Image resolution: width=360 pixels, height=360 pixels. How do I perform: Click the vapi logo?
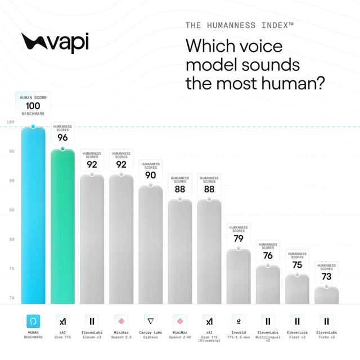point(55,43)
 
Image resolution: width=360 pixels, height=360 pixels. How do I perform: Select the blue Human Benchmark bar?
point(33,215)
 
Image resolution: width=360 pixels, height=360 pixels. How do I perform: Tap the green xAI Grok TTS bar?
point(62,227)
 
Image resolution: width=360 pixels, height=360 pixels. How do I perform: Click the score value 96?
point(62,137)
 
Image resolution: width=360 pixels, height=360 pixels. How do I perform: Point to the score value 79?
point(238,238)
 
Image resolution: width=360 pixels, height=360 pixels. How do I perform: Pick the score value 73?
point(326,276)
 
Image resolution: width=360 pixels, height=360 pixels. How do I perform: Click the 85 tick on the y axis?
point(12,210)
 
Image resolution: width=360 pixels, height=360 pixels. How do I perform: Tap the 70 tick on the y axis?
point(12,298)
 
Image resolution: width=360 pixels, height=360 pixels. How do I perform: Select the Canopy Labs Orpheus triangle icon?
point(151,321)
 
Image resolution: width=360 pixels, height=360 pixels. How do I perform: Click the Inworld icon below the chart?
point(238,321)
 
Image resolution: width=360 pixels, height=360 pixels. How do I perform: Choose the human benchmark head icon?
point(33,321)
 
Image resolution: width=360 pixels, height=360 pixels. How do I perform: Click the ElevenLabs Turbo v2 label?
point(326,335)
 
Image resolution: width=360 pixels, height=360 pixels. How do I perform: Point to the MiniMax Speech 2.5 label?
point(121,335)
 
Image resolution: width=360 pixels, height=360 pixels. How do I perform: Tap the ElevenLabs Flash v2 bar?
point(298,290)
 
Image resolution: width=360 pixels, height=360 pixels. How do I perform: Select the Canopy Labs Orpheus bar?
point(151,245)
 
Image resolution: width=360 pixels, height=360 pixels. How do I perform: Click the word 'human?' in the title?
point(293,83)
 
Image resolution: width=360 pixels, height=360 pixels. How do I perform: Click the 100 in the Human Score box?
point(33,106)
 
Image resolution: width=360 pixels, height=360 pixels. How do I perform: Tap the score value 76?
point(268,255)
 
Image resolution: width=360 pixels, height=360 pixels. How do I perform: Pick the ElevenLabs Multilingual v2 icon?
point(268,321)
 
